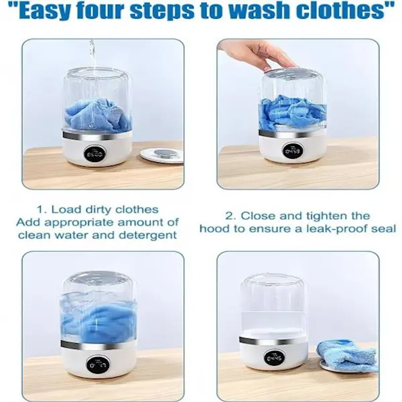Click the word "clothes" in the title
(x=340, y=10)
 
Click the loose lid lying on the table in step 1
(x=162, y=155)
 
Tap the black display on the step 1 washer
(x=95, y=154)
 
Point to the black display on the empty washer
(x=274, y=358)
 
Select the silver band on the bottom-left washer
(x=98, y=346)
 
